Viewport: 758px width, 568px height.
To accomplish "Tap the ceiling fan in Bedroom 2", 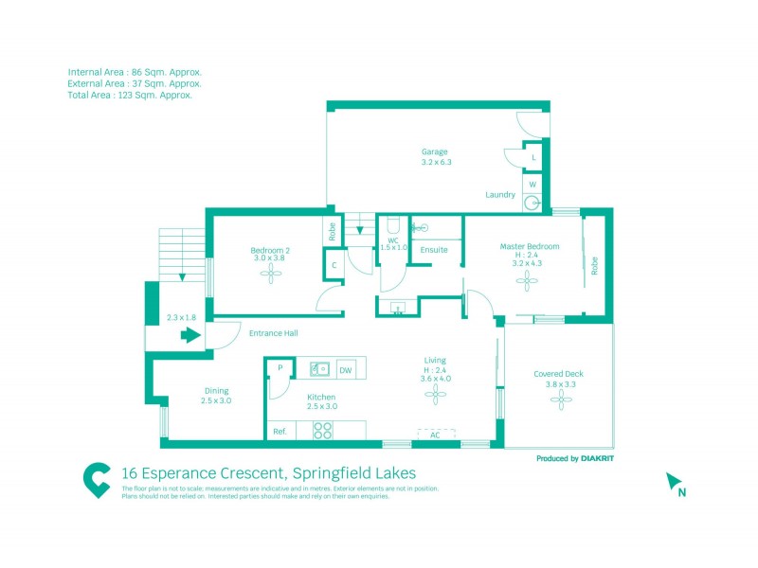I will tap(271, 275).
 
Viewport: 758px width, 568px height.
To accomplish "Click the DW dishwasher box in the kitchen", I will tap(345, 370).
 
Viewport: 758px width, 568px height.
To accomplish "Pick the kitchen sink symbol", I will tap(318, 370).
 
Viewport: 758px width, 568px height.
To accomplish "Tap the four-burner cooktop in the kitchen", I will tap(322, 430).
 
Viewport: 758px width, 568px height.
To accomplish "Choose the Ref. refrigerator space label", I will tap(280, 431).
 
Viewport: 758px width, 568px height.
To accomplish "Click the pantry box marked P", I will tap(280, 368).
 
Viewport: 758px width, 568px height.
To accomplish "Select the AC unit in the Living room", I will tap(436, 434).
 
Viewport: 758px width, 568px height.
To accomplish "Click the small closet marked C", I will tap(334, 266).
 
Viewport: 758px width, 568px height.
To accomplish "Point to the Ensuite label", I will tap(434, 250).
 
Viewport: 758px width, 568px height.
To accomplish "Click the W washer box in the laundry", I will tap(532, 184).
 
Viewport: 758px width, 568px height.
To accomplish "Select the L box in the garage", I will tap(533, 157).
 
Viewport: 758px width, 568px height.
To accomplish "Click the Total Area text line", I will tap(130, 95).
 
